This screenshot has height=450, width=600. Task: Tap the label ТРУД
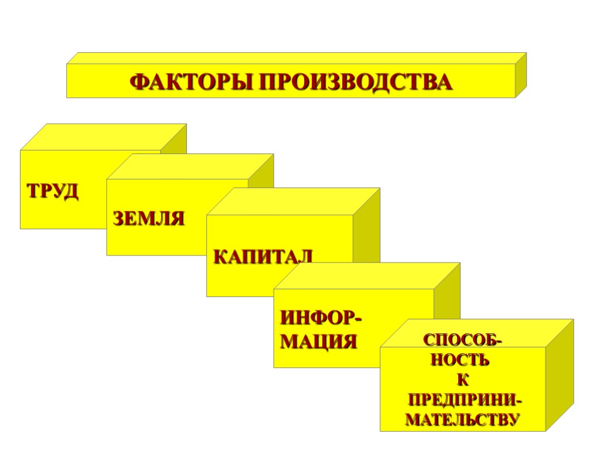[x=52, y=191]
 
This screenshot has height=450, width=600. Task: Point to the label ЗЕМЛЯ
[x=148, y=219]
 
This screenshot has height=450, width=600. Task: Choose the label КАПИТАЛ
[x=262, y=256]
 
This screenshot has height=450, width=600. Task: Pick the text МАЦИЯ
[x=318, y=341]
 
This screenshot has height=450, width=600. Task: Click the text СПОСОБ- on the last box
[x=462, y=340]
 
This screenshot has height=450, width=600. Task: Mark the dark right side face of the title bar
[x=521, y=75]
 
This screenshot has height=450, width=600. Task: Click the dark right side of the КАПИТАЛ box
[x=366, y=234]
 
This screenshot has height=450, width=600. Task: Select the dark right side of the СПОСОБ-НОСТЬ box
[x=560, y=375]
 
